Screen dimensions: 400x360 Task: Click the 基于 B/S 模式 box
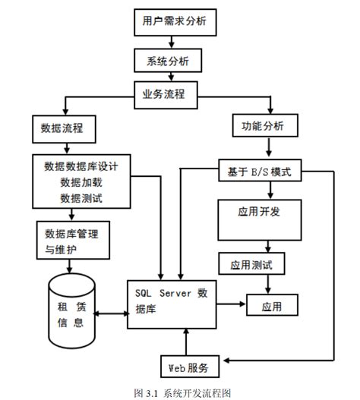click(x=260, y=172)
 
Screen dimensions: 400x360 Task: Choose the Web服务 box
click(x=189, y=367)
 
